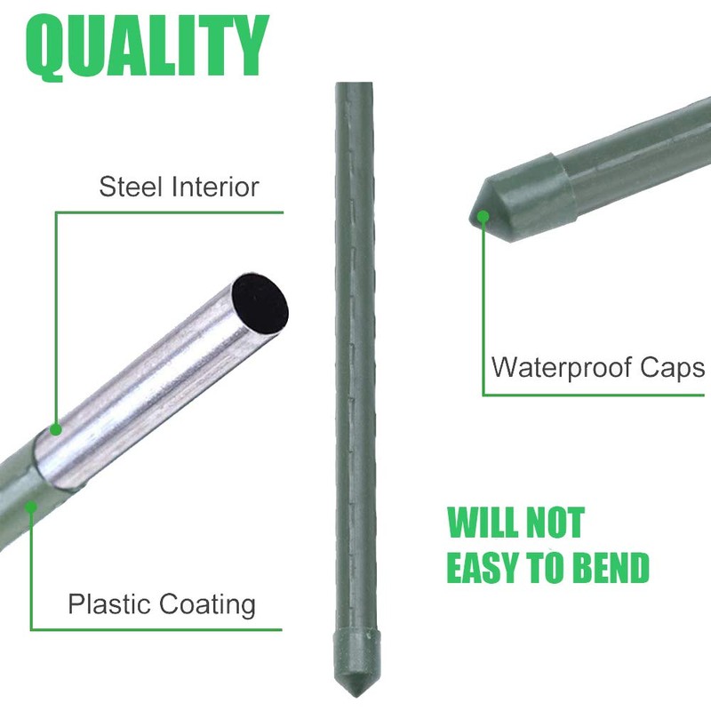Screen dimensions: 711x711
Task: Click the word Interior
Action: [x=216, y=188]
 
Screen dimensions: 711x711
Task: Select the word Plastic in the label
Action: [x=105, y=605]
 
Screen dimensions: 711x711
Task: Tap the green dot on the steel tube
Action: [x=55, y=429]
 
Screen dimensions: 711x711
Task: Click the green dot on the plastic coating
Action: [x=31, y=507]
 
